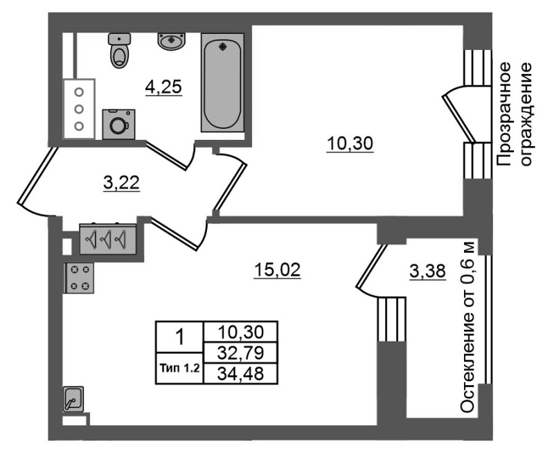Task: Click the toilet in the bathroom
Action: (119, 50)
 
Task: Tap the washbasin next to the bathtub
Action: (172, 42)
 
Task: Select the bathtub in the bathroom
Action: (222, 82)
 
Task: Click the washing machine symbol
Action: (118, 124)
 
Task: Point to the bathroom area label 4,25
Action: (163, 87)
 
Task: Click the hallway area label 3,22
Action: (122, 183)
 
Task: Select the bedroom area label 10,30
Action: (350, 144)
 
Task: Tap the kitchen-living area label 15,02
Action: (278, 270)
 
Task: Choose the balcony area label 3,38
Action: (427, 272)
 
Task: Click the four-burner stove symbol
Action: (79, 278)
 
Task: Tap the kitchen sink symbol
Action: (73, 399)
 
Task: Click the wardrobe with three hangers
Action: (108, 239)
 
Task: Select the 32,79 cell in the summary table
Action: (240, 353)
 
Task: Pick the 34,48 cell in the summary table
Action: (240, 373)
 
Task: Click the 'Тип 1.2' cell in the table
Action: (180, 368)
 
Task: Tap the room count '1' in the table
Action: (180, 337)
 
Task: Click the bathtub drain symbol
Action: (222, 46)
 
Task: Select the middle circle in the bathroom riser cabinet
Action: (79, 109)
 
